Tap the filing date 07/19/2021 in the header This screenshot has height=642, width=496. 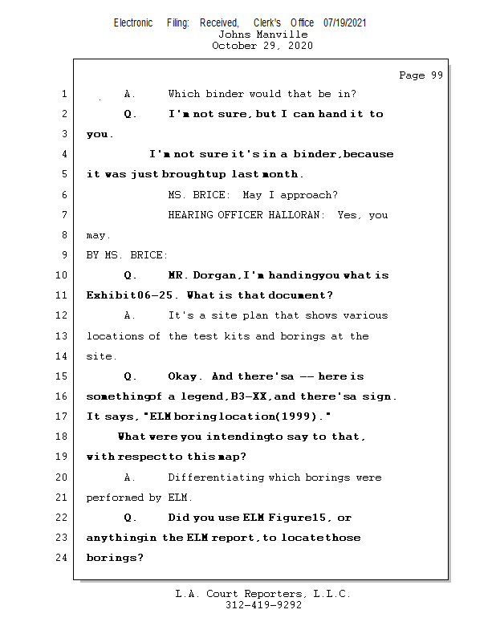tap(345, 22)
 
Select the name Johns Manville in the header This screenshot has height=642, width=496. tap(262, 35)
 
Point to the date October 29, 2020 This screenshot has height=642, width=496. tap(262, 46)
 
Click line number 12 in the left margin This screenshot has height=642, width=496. tap(63, 315)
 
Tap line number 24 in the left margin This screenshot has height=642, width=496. tap(63, 558)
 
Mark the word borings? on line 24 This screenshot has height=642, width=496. tap(115, 558)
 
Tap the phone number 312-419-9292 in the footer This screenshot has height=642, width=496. tap(262, 606)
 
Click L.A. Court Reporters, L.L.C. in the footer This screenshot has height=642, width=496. tap(262, 595)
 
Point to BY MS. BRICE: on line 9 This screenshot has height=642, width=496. tap(127, 255)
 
